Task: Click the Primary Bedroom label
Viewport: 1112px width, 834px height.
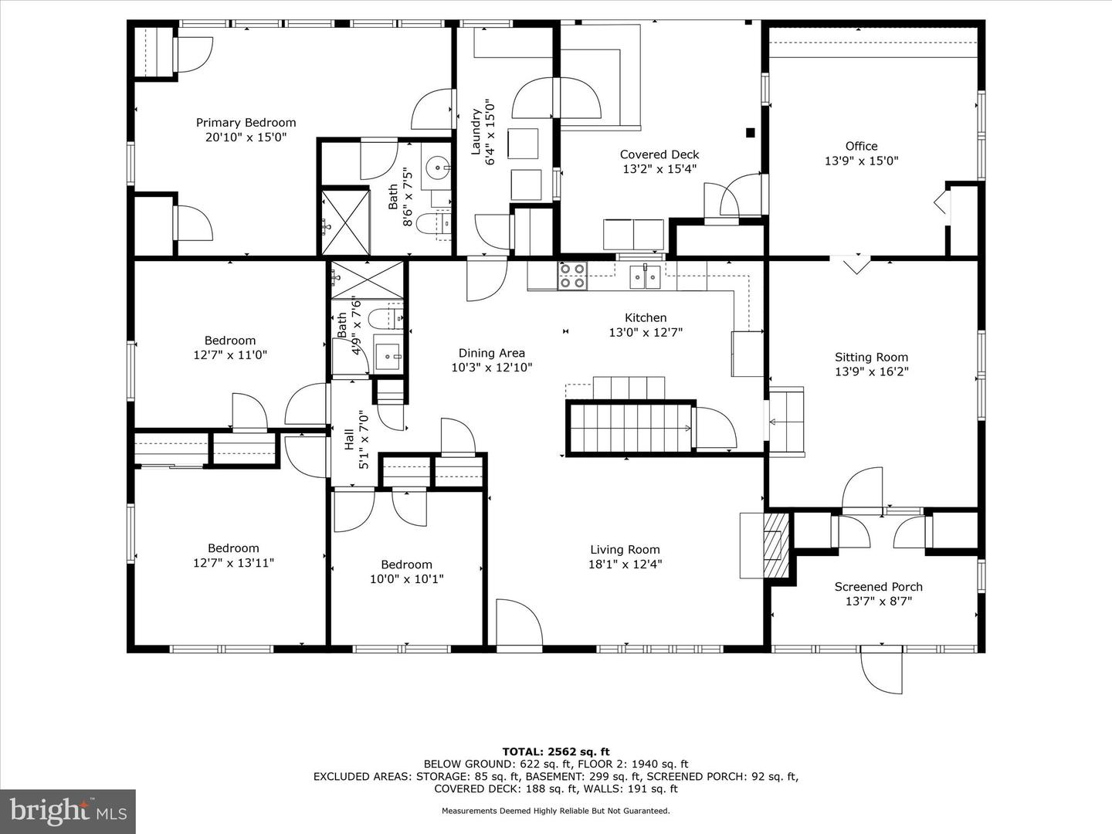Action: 246,123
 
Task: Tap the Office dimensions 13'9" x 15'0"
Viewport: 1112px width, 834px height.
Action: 861,161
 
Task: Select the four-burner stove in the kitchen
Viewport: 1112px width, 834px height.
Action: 572,276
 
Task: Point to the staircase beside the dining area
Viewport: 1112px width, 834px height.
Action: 631,428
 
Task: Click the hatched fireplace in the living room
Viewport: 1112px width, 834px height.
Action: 775,546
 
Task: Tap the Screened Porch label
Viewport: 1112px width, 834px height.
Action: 878,587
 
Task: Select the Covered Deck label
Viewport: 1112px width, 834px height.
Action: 659,154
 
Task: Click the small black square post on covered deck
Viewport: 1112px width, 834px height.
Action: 750,133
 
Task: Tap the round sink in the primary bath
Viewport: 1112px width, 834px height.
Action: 439,166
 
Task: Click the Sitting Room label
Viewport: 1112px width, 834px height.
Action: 871,358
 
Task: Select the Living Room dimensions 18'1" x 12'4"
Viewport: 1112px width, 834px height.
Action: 625,564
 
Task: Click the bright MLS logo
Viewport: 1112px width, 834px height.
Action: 68,811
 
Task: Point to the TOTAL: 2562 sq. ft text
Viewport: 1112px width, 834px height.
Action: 555,751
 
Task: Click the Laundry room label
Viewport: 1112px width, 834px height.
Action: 476,131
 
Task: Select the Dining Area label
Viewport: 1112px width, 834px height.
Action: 491,354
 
